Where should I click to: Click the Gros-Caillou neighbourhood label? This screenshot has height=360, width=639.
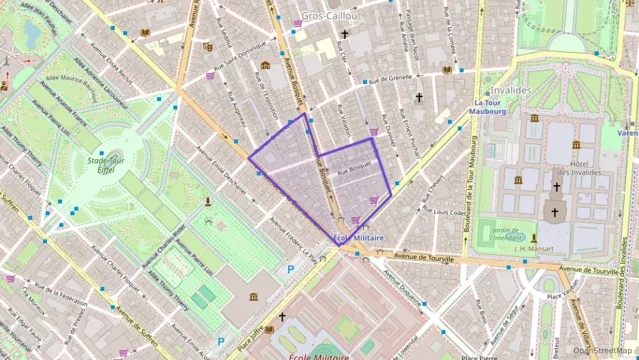click(330, 15)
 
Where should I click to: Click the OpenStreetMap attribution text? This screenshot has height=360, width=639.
click(601, 350)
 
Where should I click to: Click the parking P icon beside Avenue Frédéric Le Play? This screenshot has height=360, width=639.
click(290, 270)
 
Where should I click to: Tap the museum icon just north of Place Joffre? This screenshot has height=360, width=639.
click(254, 297)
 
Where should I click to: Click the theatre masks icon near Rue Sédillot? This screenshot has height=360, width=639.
click(208, 46)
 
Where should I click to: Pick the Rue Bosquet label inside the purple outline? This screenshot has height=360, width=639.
click(354, 165)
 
